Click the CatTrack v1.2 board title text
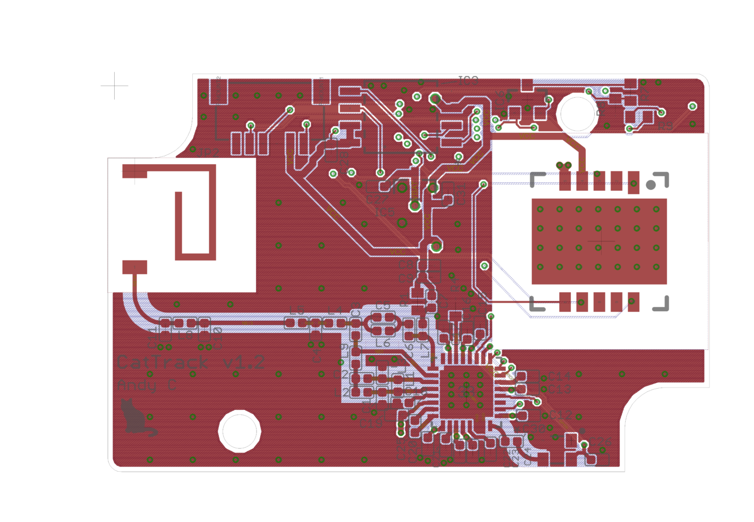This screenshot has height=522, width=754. [191, 362]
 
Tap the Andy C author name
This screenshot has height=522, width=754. [147, 385]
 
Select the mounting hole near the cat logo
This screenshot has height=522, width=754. [239, 431]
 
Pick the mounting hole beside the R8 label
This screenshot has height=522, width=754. [577, 114]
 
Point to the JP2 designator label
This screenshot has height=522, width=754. [208, 153]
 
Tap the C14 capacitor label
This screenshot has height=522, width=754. [559, 376]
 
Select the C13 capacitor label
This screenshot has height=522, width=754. [559, 389]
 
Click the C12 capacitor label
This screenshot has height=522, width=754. [560, 415]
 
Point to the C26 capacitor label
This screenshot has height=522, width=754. [600, 442]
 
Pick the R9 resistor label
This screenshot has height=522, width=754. [664, 126]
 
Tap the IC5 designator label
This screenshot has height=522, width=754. [385, 213]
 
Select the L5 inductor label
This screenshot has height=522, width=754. [297, 309]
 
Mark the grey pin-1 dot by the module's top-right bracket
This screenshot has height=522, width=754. [651, 185]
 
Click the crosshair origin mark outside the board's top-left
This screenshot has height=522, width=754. [115, 85]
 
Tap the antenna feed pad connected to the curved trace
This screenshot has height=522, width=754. [135, 267]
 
